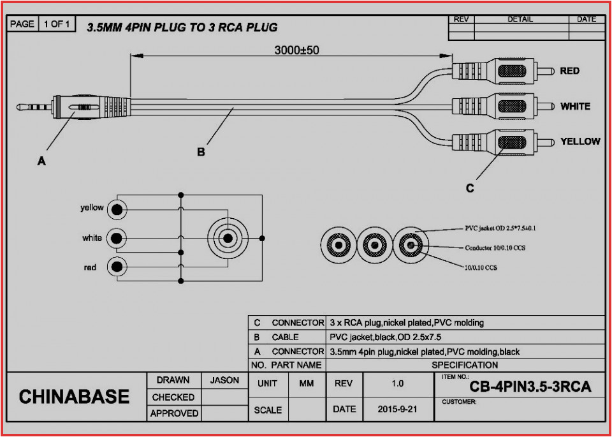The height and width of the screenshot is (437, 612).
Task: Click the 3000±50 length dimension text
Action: [x=296, y=50]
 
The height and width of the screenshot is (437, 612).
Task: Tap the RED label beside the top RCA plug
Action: [x=569, y=71]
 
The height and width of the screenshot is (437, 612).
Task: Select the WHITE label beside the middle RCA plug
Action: [x=575, y=106]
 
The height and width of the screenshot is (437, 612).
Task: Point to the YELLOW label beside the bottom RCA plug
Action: [x=579, y=141]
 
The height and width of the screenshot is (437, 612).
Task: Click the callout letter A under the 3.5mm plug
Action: [x=41, y=161]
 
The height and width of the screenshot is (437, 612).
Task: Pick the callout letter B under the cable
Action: [x=200, y=152]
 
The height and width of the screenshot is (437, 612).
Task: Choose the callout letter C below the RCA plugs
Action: [x=469, y=188]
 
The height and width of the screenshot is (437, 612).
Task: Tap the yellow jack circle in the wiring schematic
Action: [x=117, y=209]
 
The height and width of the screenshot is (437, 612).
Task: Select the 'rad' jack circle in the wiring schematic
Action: [x=117, y=267]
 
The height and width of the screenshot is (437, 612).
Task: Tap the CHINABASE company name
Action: [x=74, y=397]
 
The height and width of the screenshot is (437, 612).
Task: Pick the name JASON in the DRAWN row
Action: [x=224, y=380]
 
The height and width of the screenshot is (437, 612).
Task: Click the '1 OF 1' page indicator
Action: [x=57, y=24]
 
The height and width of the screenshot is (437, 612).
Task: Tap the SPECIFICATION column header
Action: [x=465, y=365]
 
